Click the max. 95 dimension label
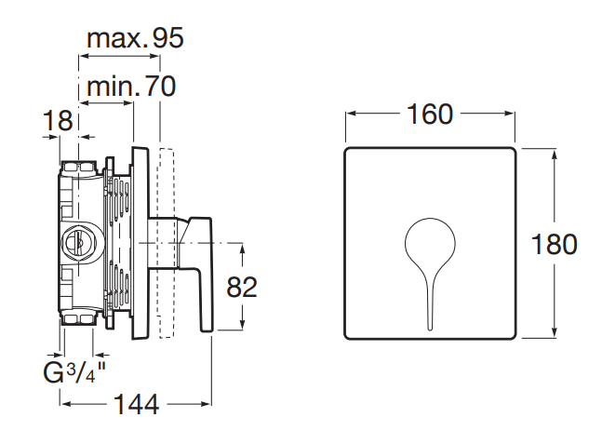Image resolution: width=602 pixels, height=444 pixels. tap(135, 38)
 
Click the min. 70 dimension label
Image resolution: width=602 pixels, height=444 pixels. tap(131, 86)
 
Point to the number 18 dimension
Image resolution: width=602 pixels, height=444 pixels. tap(58, 120)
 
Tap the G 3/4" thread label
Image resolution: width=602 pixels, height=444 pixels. tap(74, 372)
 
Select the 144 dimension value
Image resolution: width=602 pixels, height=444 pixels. tap(136, 404)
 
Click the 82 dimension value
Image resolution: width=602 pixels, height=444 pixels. tap(242, 287)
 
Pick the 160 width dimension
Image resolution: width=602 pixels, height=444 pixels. tap(430, 114)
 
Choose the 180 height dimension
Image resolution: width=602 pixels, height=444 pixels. tap(554, 244)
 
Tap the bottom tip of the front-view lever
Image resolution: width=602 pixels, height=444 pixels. tap(430, 330)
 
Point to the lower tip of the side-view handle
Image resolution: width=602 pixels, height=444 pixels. tap(207, 330)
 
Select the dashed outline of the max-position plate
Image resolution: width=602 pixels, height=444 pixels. tap(167, 243)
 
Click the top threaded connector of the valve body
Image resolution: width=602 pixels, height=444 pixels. tap(79, 168)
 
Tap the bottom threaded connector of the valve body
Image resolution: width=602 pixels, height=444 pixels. tap(79, 318)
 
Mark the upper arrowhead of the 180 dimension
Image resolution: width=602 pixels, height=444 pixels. tap(554, 154)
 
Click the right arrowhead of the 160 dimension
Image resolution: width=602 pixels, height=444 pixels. tap(510, 114)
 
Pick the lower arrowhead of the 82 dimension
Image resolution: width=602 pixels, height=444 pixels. tap(242, 325)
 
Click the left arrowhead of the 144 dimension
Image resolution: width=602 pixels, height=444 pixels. tap(66, 404)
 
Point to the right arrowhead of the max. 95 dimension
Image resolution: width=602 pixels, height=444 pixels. tap(154, 56)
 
